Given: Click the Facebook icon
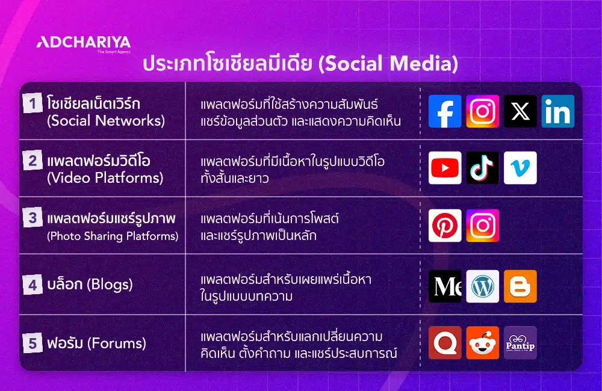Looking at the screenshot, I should [x=445, y=111].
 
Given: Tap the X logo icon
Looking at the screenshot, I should [x=520, y=111].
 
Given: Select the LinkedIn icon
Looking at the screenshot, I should [x=557, y=111].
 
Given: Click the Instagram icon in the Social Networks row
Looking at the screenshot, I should [x=482, y=111].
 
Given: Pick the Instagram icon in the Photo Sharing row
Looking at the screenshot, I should [x=482, y=226].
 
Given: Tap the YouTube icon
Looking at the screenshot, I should [x=445, y=168].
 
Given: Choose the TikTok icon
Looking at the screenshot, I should [x=482, y=168].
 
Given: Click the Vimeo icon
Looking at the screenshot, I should [x=520, y=168].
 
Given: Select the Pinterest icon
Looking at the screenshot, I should [x=445, y=226].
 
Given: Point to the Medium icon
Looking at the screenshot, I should [x=445, y=286].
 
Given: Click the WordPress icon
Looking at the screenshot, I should [x=482, y=286].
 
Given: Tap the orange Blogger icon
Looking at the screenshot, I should [x=520, y=286].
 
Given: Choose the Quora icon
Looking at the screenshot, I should [x=445, y=343].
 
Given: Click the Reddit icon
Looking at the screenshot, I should [x=482, y=343].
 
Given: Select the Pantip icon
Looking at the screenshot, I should [x=520, y=343].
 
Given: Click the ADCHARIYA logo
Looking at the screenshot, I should [x=83, y=43].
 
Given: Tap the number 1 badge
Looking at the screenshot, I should [x=32, y=104].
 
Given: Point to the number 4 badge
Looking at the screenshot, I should [x=32, y=284].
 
